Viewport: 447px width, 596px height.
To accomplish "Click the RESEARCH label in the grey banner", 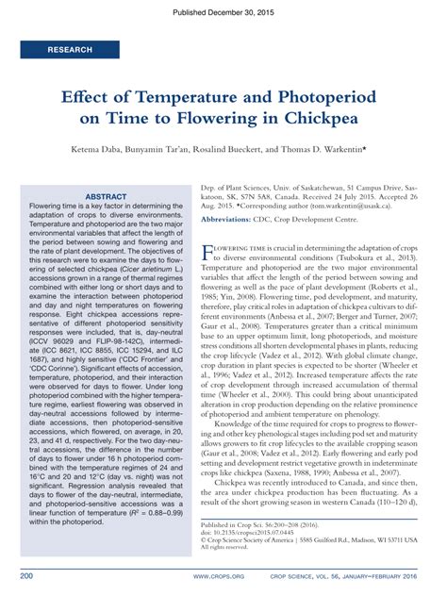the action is (x=70, y=49).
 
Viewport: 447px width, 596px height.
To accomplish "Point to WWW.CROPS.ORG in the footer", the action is (x=220, y=574).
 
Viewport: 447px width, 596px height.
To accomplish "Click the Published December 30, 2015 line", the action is (x=223, y=8).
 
